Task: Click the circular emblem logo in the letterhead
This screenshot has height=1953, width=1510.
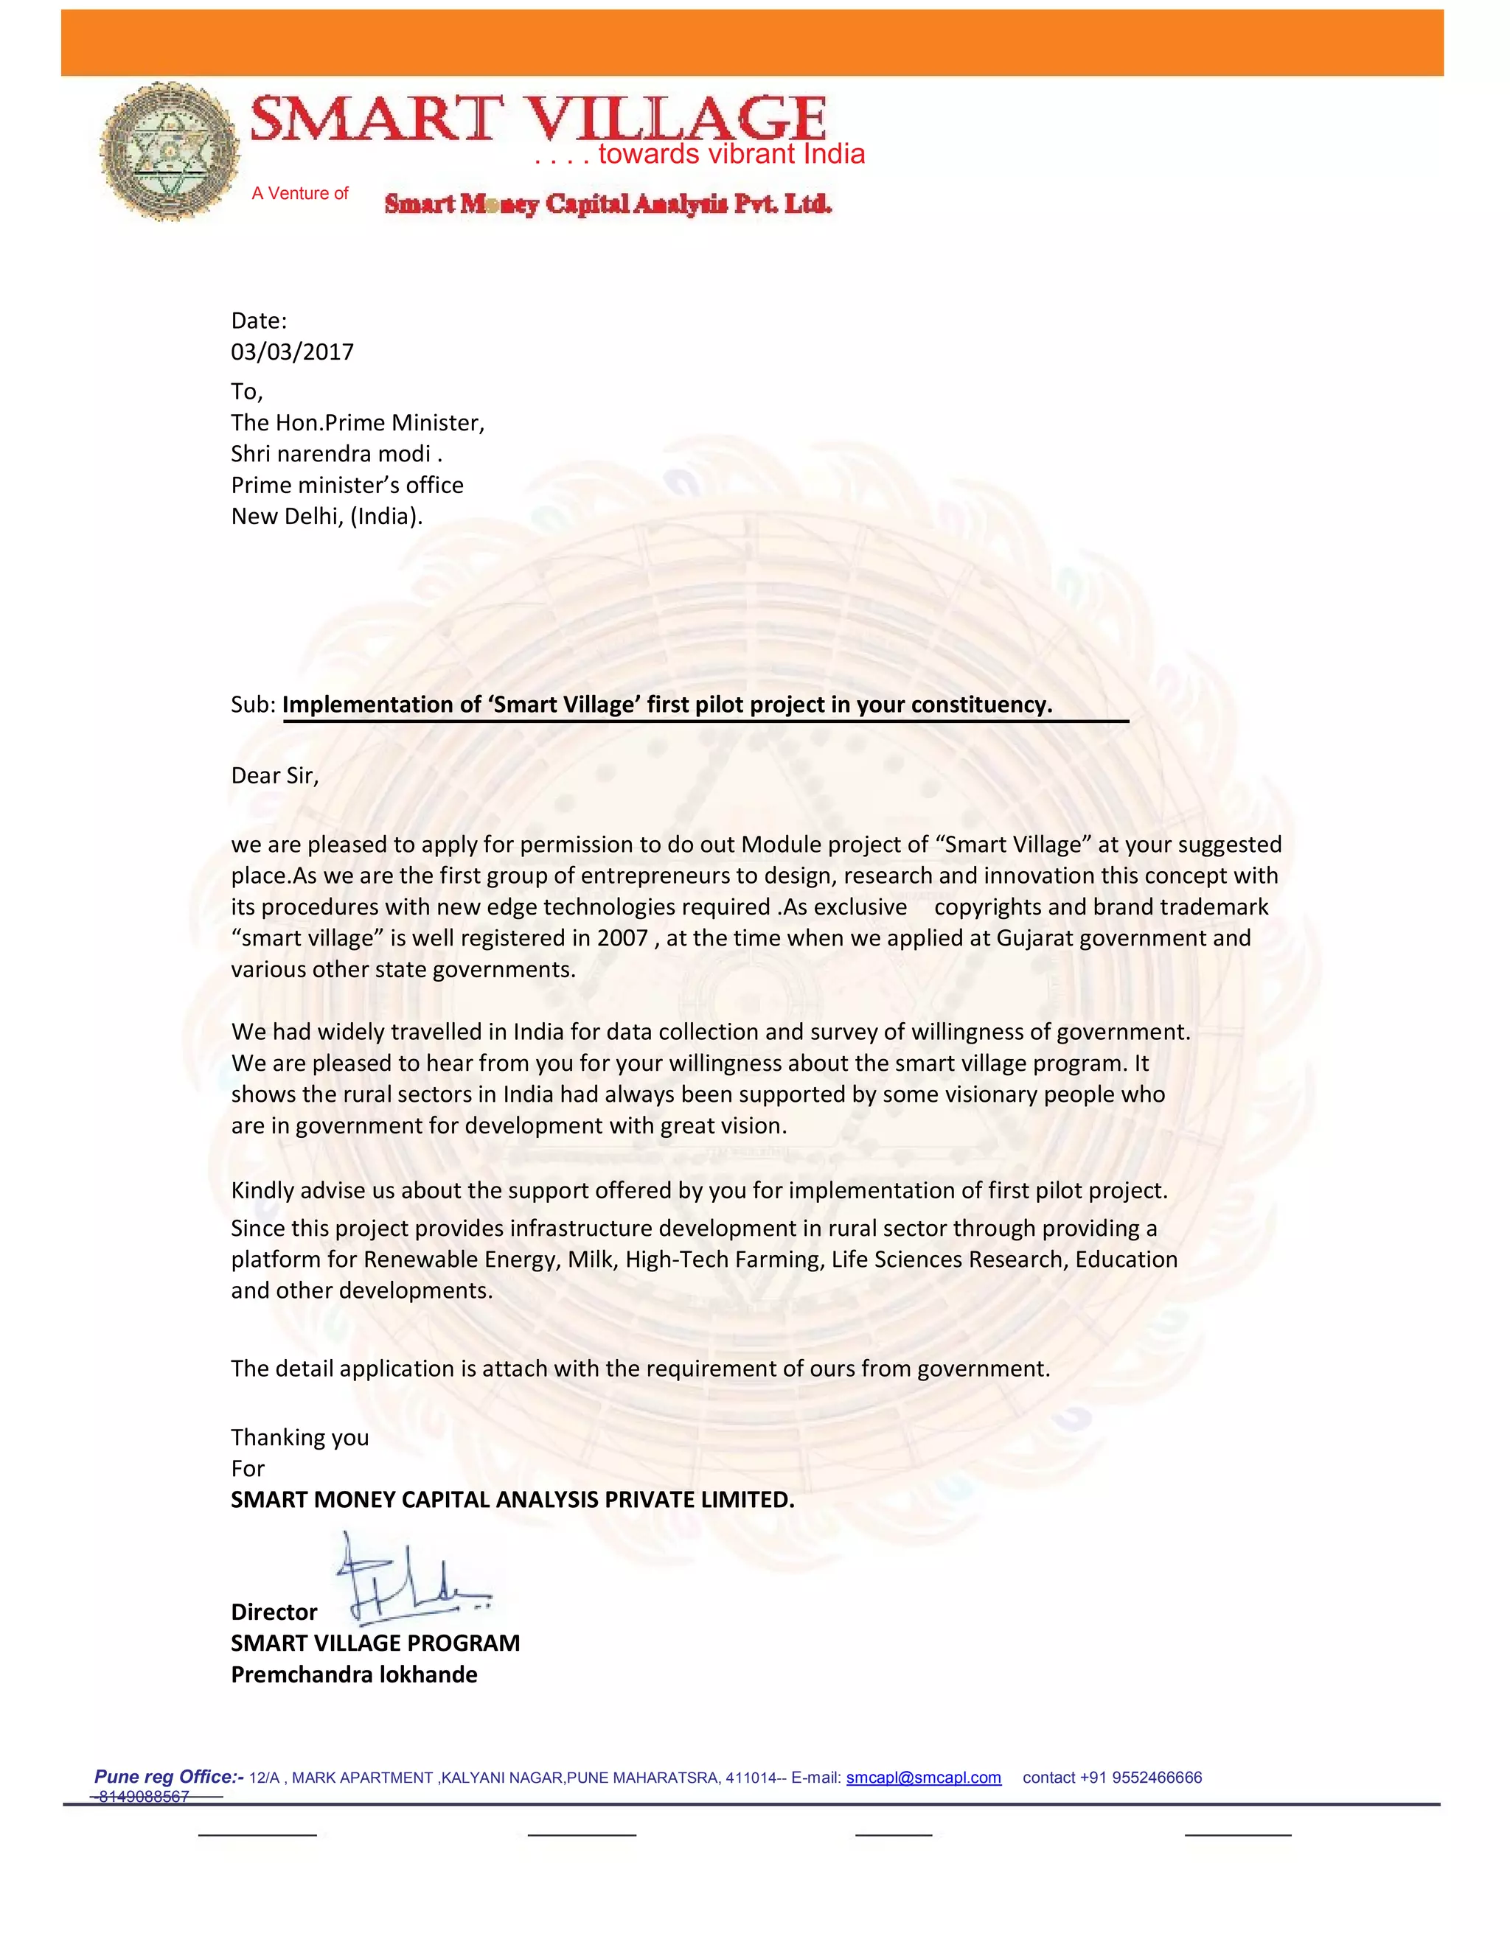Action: [x=169, y=152]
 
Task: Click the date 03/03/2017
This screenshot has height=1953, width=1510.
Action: [x=292, y=352]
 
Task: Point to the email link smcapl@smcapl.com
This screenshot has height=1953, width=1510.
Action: [x=923, y=1777]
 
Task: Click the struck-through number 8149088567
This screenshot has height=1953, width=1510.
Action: [x=143, y=1797]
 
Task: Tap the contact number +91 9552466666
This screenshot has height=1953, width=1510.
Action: [x=1112, y=1777]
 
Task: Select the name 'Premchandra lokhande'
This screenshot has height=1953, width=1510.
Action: [x=354, y=1674]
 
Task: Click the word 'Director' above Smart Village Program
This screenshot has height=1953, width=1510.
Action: [x=274, y=1611]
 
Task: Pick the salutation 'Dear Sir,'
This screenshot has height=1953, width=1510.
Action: [x=274, y=775]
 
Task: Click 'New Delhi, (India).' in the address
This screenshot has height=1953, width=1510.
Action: [x=327, y=516]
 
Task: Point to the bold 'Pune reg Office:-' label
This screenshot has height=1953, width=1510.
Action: [x=169, y=1776]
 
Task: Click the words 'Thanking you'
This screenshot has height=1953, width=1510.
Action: [x=299, y=1437]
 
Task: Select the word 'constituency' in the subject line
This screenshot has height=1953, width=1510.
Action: [x=981, y=705]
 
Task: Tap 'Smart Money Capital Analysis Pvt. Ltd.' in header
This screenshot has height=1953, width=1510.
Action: [x=608, y=204]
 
